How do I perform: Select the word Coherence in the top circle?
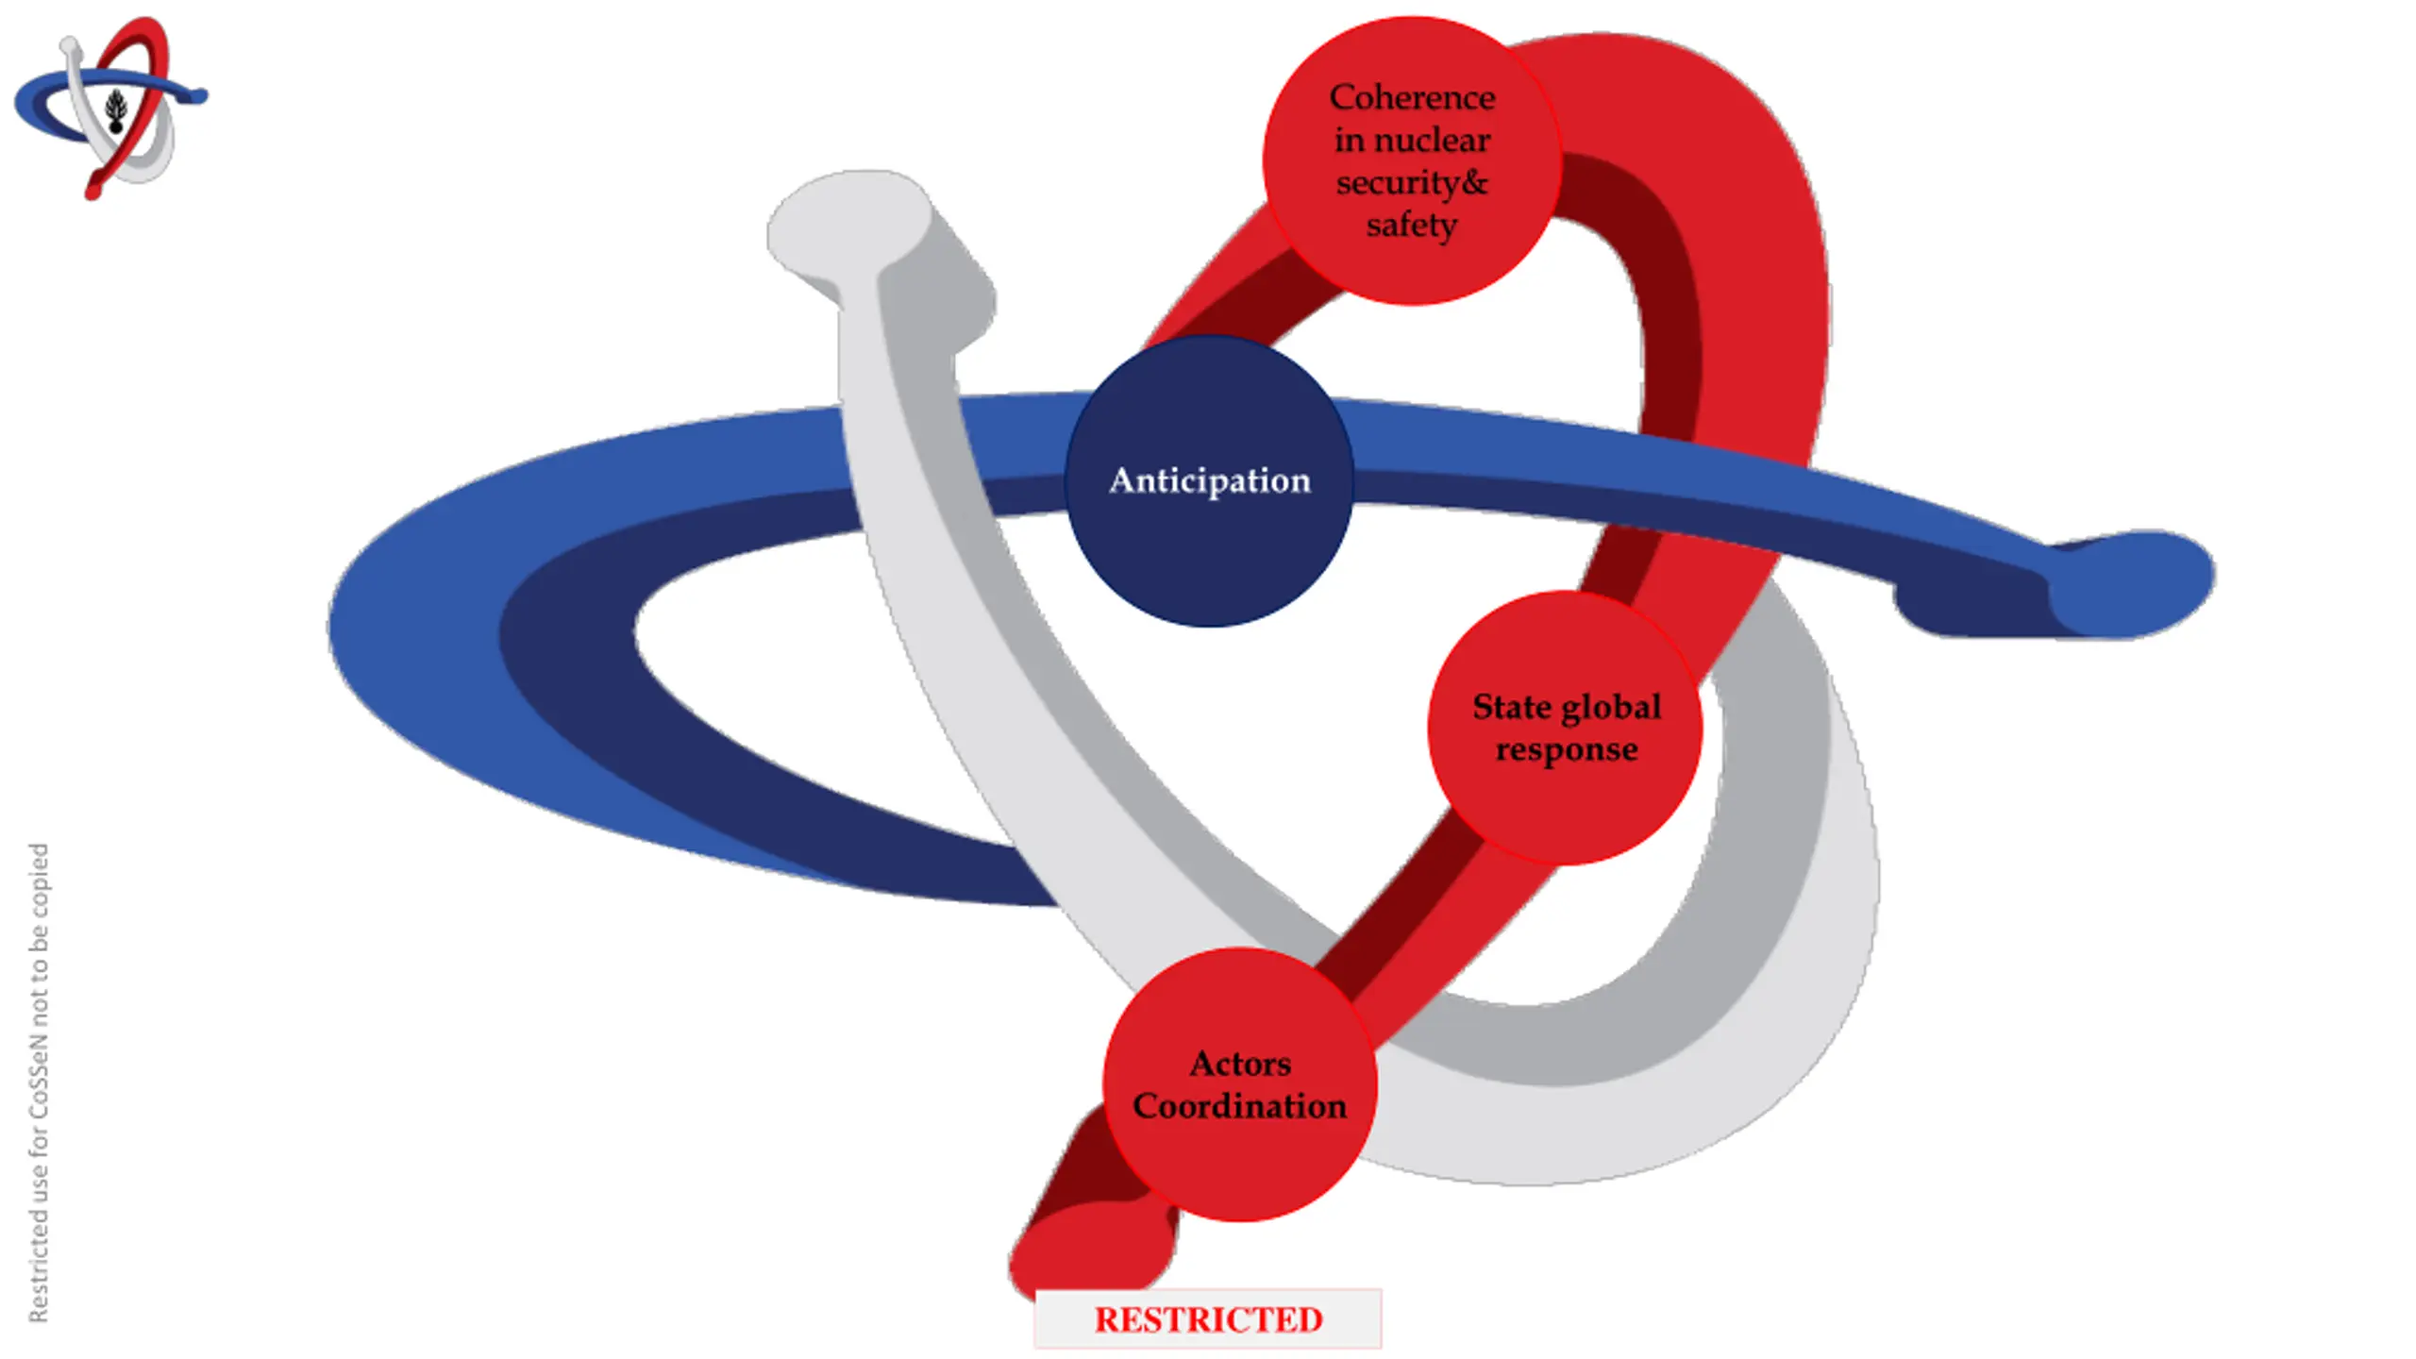click(x=1412, y=97)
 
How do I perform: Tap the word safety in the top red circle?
click(x=1412, y=226)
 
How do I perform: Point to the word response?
click(x=1567, y=750)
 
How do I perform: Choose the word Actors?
click(x=1240, y=1064)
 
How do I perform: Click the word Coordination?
click(x=1240, y=1106)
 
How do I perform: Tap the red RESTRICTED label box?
click(x=1208, y=1319)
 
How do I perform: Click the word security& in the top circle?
click(x=1412, y=182)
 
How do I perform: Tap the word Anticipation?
click(x=1209, y=480)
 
